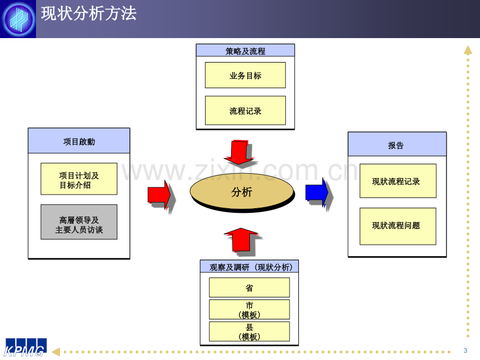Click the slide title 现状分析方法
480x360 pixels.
pyautogui.click(x=89, y=14)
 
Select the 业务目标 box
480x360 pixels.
pyautogui.click(x=245, y=75)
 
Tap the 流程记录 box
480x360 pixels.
pyautogui.click(x=245, y=111)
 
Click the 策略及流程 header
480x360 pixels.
pyautogui.click(x=245, y=51)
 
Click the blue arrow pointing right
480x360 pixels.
pyautogui.click(x=317, y=193)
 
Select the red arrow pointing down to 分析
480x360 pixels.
pyautogui.click(x=238, y=151)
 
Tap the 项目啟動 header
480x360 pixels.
pyautogui.click(x=79, y=141)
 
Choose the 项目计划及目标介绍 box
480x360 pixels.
pyautogui.click(x=79, y=179)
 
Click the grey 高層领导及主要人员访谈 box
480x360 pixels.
pyautogui.click(x=79, y=222)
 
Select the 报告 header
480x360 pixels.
pyautogui.click(x=397, y=145)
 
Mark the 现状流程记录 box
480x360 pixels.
pyautogui.click(x=398, y=181)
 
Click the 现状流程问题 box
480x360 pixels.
pyautogui.click(x=398, y=226)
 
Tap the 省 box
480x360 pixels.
pyautogui.click(x=249, y=287)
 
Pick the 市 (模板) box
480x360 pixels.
pyautogui.click(x=249, y=309)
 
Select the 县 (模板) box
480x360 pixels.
pyautogui.click(x=249, y=331)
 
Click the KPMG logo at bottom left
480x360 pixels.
pyautogui.click(x=25, y=347)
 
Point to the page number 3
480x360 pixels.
pyautogui.click(x=465, y=350)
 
